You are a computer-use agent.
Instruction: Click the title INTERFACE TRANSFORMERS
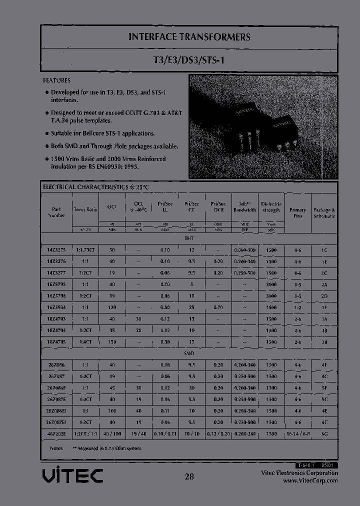(189, 37)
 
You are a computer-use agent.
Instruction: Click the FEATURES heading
(56, 80)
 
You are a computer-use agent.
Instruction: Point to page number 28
(189, 476)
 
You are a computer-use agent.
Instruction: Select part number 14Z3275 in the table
(55, 249)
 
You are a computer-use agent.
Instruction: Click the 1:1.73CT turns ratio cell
(85, 249)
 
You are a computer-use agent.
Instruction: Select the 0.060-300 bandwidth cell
(244, 249)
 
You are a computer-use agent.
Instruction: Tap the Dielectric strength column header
(271, 207)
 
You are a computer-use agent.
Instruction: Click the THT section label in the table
(189, 238)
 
